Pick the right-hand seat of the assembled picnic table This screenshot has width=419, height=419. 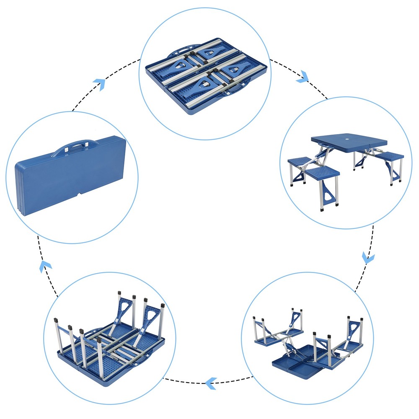click(x=389, y=157)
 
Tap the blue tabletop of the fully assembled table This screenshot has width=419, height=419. click(x=348, y=142)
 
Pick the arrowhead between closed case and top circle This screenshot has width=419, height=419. click(x=99, y=83)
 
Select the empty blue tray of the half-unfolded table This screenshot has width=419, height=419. click(x=300, y=361)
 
